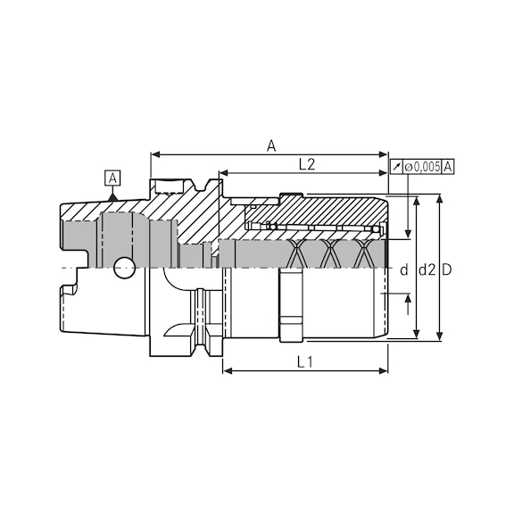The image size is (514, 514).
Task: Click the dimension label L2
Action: pyautogui.click(x=306, y=163)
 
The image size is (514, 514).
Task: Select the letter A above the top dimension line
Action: pyautogui.click(x=271, y=145)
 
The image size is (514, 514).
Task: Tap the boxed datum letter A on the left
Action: pyautogui.click(x=112, y=177)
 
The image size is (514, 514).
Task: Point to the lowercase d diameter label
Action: pyautogui.click(x=403, y=269)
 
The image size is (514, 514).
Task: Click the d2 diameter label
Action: pyautogui.click(x=426, y=269)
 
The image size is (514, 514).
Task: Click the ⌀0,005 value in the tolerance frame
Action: pyautogui.click(x=422, y=167)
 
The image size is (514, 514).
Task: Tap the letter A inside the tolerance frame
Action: pyautogui.click(x=448, y=167)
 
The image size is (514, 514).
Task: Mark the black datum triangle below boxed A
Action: pyautogui.click(x=112, y=197)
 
